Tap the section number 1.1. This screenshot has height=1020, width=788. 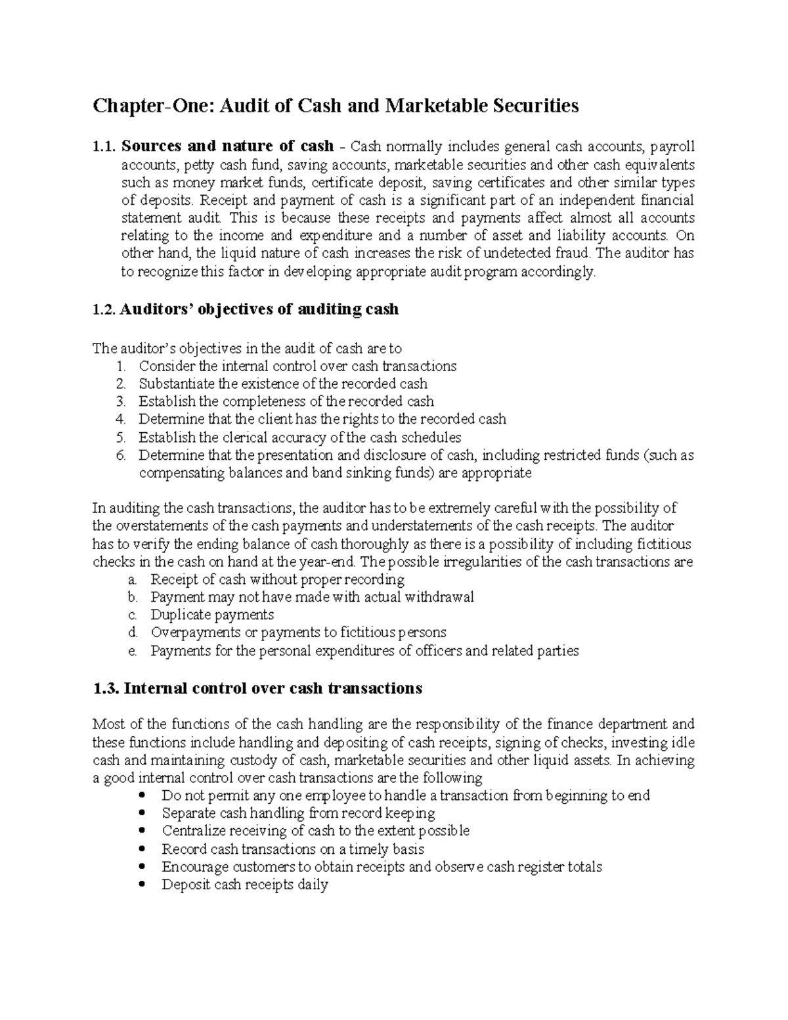104,146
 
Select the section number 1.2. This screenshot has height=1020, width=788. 104,309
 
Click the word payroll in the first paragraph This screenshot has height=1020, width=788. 672,146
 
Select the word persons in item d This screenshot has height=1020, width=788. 421,633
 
